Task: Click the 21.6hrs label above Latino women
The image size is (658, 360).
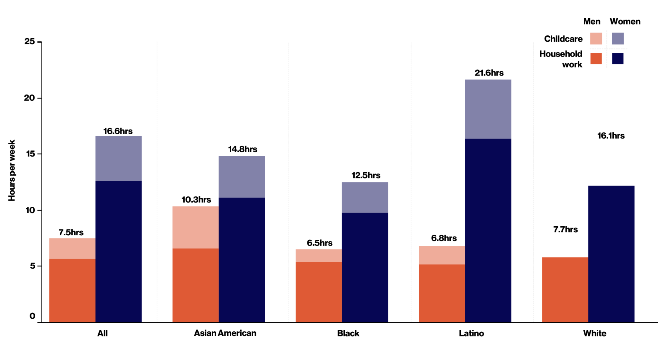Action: pyautogui.click(x=489, y=73)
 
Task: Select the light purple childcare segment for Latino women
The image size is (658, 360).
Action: pyautogui.click(x=488, y=109)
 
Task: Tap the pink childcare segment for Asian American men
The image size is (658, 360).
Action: pyautogui.click(x=195, y=227)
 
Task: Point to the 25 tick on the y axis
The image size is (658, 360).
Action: pyautogui.click(x=30, y=41)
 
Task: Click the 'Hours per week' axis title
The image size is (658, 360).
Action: pyautogui.click(x=12, y=170)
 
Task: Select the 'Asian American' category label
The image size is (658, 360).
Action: pyautogui.click(x=225, y=333)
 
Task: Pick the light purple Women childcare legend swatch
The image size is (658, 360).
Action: pyautogui.click(x=618, y=39)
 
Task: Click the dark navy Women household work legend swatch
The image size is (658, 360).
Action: pyautogui.click(x=618, y=59)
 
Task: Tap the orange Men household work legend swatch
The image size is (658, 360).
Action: pyautogui.click(x=596, y=59)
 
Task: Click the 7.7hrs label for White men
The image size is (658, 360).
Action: pyautogui.click(x=565, y=230)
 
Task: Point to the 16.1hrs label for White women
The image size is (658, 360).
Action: pyautogui.click(x=611, y=136)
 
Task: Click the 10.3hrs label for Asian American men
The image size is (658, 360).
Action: pyautogui.click(x=196, y=200)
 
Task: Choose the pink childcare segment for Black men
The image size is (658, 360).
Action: pyautogui.click(x=319, y=256)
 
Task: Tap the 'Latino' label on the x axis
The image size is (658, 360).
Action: pyautogui.click(x=471, y=333)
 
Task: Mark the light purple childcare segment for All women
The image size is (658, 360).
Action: pyautogui.click(x=118, y=158)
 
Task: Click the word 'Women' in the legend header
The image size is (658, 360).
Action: pyautogui.click(x=625, y=22)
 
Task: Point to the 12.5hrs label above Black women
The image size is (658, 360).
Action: pyautogui.click(x=366, y=175)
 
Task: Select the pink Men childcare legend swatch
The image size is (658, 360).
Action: pyautogui.click(x=596, y=39)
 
